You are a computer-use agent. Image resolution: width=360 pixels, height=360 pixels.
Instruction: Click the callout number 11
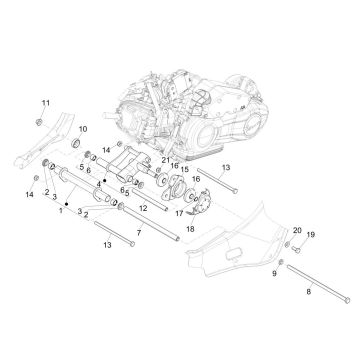(x=43, y=103)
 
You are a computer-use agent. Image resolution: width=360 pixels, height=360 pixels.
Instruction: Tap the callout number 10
(x=83, y=129)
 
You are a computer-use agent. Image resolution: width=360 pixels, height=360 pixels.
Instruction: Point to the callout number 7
(x=139, y=232)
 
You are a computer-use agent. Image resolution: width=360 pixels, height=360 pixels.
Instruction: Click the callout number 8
(x=309, y=290)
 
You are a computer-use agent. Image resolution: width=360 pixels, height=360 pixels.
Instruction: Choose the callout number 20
(x=295, y=231)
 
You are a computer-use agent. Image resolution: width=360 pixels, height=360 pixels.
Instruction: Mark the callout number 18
(x=190, y=229)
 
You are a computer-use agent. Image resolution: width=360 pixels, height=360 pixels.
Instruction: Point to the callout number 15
(x=184, y=169)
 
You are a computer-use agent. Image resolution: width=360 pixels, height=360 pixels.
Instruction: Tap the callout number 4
(x=100, y=181)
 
